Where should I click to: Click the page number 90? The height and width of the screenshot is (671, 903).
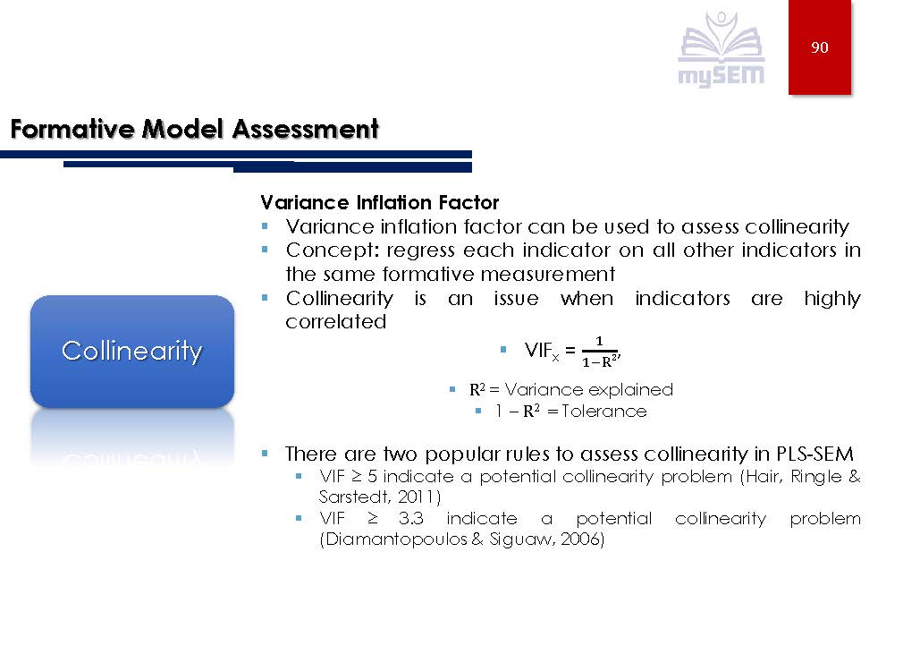(819, 47)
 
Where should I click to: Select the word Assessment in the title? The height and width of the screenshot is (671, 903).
(305, 129)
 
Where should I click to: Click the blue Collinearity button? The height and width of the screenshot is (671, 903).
(132, 351)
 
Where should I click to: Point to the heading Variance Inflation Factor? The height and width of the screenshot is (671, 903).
(379, 203)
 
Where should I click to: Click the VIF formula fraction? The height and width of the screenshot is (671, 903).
(598, 352)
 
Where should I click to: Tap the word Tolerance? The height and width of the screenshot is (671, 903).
(604, 412)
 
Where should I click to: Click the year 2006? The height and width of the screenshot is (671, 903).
(586, 540)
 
